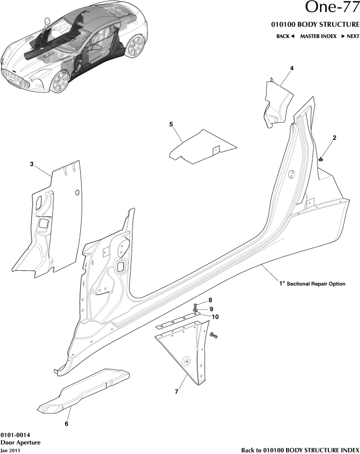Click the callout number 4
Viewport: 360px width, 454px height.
pyautogui.click(x=292, y=68)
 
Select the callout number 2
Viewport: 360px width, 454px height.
pyautogui.click(x=334, y=138)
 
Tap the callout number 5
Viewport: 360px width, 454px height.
pyautogui.click(x=171, y=125)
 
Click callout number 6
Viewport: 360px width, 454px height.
pyautogui.click(x=66, y=424)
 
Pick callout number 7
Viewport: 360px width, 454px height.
pyautogui.click(x=177, y=391)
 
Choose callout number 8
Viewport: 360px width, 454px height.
pyautogui.click(x=211, y=300)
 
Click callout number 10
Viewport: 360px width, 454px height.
pyautogui.click(x=214, y=317)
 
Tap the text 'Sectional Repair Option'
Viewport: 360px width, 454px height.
pyautogui.click(x=316, y=283)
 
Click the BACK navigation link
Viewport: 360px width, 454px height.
pyautogui.click(x=285, y=36)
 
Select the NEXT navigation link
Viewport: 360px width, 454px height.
pyautogui.click(x=350, y=36)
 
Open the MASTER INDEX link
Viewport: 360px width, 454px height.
pyautogui.click(x=318, y=36)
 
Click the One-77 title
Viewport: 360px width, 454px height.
pyautogui.click(x=332, y=8)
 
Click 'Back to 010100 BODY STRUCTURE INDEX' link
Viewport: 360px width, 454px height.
pyautogui.click(x=300, y=450)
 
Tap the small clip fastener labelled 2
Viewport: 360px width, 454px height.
pyautogui.click(x=320, y=158)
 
